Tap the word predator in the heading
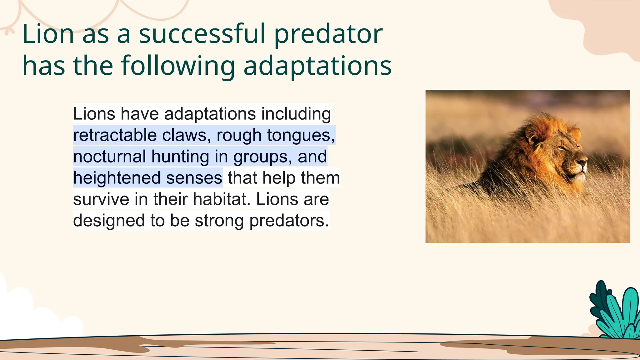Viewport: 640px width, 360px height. click(328, 34)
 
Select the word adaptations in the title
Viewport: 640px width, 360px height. click(317, 66)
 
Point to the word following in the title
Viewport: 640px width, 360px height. click(178, 66)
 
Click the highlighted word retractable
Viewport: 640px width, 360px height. click(115, 135)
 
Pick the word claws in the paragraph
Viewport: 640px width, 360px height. click(184, 135)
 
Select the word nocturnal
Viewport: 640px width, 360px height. click(109, 157)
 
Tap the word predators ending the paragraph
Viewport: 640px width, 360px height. click(289, 221)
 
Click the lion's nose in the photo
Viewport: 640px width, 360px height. click(583, 162)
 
